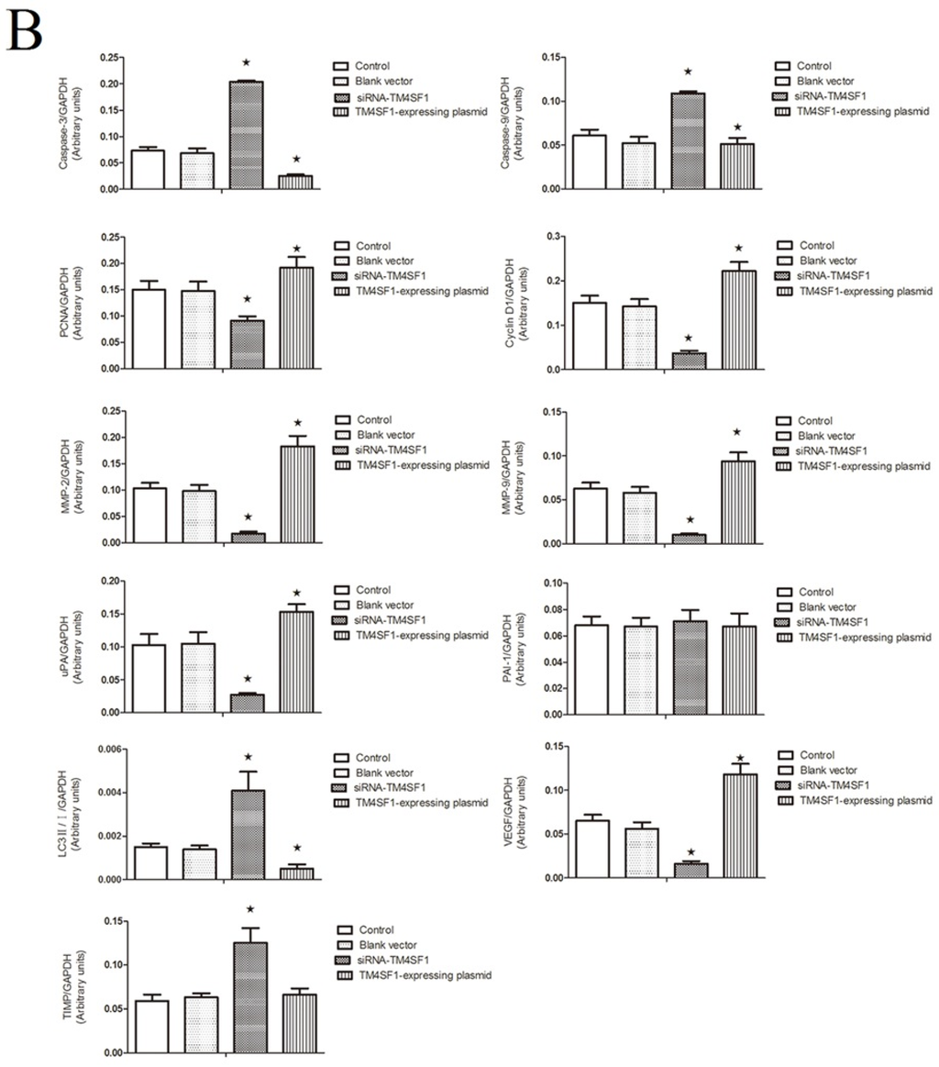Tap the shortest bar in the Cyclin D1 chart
coord(688,360)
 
